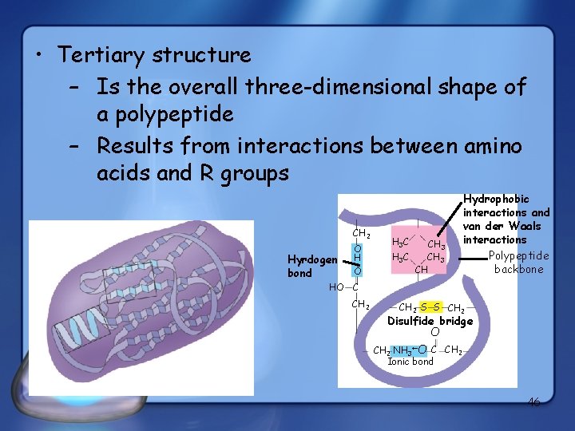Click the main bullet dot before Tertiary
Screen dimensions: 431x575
tap(38, 56)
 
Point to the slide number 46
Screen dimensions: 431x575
tap(533, 402)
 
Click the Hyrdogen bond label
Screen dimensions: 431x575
tap(312, 266)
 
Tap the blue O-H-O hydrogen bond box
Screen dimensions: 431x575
tap(359, 258)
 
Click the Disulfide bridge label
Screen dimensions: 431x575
tap(430, 321)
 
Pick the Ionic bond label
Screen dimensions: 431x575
tap(410, 362)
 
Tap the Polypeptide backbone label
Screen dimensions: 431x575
tap(518, 263)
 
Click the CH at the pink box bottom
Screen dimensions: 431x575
tap(421, 270)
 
